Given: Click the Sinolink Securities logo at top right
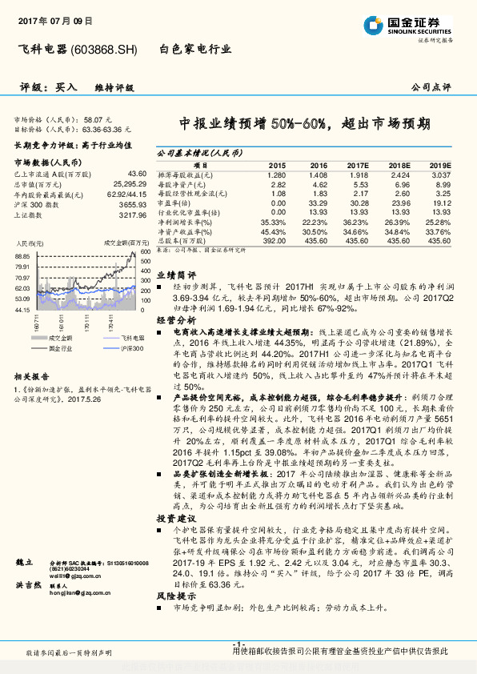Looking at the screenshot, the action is point(418,24).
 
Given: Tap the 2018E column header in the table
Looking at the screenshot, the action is point(398,165).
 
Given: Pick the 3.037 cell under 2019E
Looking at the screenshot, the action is point(440,175).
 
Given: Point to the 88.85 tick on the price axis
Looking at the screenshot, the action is point(22,256).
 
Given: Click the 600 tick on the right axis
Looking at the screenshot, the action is point(145,251).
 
